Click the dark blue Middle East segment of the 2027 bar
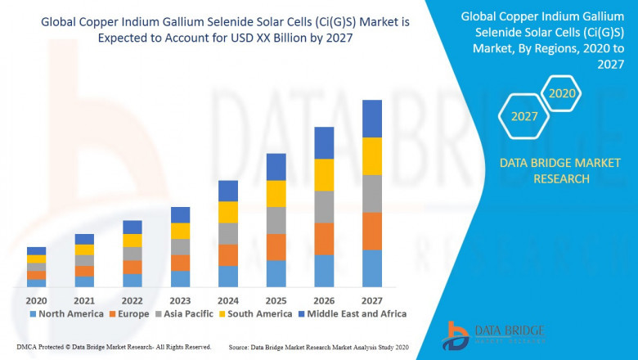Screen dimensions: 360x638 [x=372, y=119]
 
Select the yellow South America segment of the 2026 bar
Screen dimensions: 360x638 [x=324, y=174]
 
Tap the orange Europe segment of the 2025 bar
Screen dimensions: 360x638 [x=276, y=246]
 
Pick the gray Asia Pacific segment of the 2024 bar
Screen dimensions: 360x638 [x=228, y=233]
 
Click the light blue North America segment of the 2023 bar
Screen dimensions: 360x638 [x=180, y=278]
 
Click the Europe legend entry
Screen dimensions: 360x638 [x=131, y=313]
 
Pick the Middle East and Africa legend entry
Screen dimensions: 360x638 [x=353, y=313]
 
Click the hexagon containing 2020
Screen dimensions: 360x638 [x=563, y=93]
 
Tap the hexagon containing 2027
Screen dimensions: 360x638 [x=524, y=116]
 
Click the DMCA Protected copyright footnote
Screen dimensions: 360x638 [x=114, y=348]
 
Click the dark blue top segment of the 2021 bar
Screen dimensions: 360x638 [x=84, y=239]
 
